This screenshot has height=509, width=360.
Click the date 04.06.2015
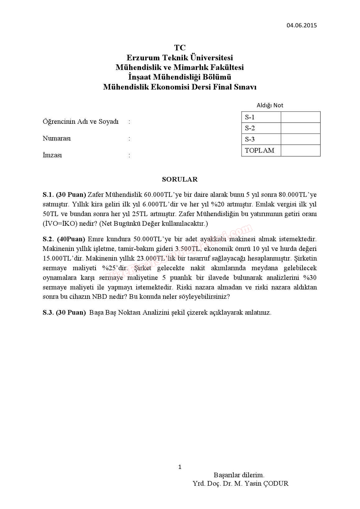click(x=302, y=25)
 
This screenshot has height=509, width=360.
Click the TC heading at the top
click(x=180, y=48)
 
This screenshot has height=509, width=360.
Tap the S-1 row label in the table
click(x=250, y=117)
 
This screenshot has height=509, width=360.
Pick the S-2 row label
click(x=250, y=128)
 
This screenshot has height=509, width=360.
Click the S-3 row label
click(x=250, y=139)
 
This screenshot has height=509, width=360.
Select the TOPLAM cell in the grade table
click(x=260, y=150)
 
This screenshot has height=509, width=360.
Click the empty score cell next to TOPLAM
click(x=300, y=150)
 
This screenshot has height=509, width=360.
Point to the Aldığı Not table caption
click(x=270, y=105)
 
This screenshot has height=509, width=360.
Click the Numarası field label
click(x=57, y=138)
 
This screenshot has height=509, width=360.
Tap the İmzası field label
click(x=52, y=155)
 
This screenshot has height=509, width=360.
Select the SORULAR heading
click(x=180, y=179)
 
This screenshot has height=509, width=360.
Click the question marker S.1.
click(x=48, y=195)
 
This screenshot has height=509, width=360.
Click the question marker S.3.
click(x=48, y=312)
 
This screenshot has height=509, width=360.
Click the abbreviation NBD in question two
click(x=99, y=296)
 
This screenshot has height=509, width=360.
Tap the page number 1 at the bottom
click(x=180, y=467)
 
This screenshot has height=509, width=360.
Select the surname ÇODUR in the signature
click(x=276, y=484)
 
